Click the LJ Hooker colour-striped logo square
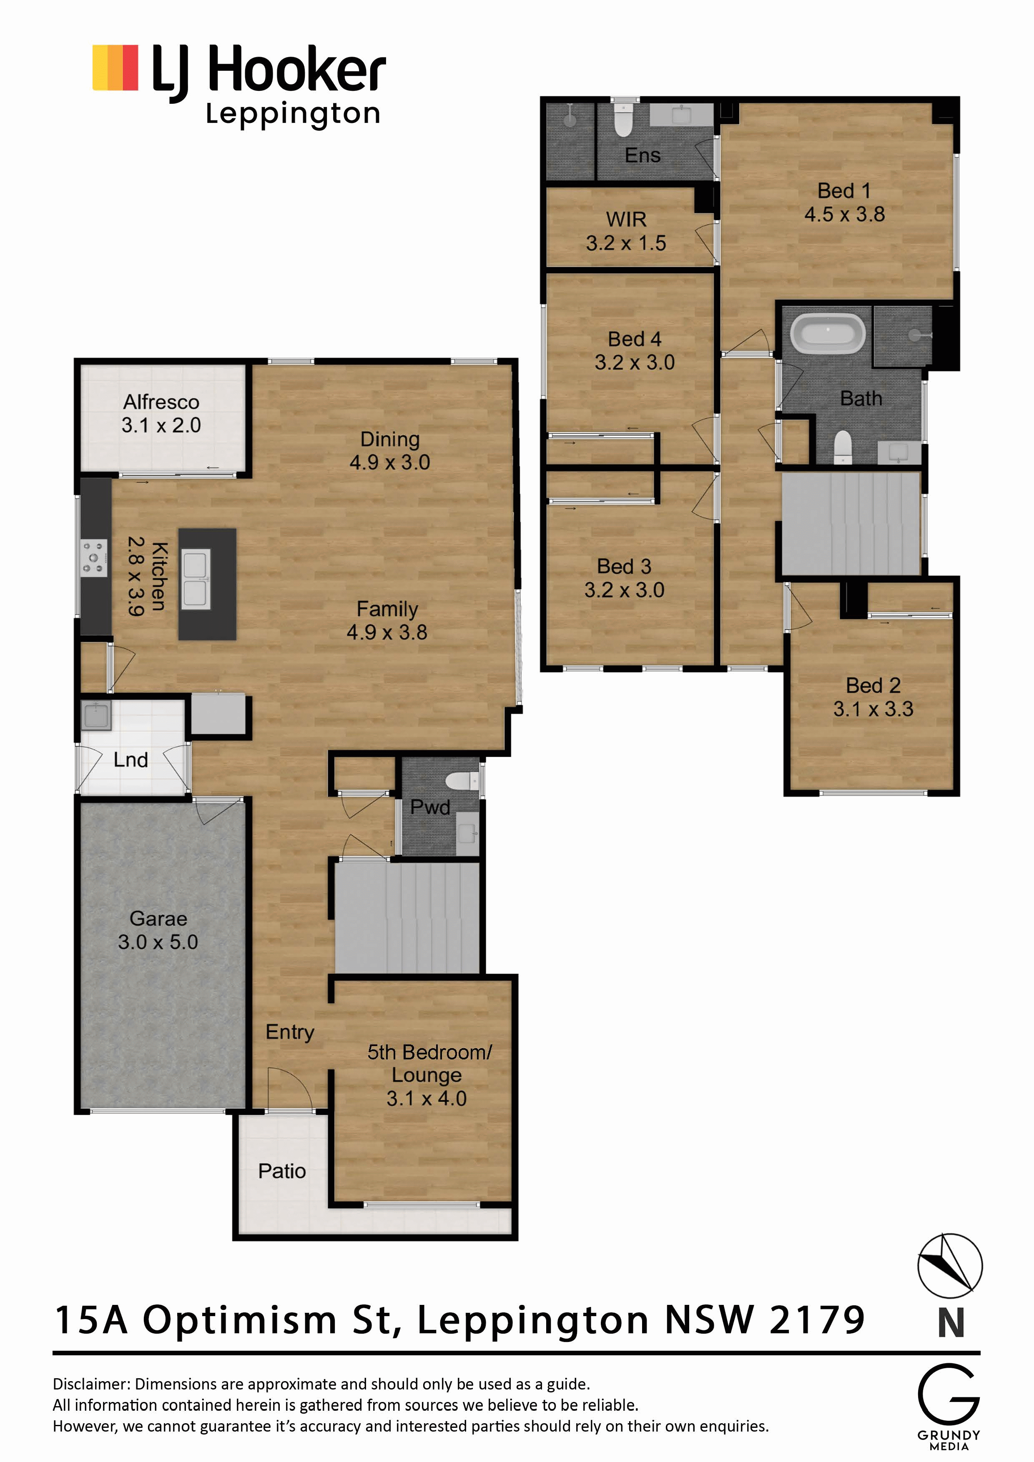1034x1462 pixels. point(115,68)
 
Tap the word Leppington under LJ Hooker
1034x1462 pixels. point(293,115)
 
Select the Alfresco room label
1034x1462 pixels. point(161,402)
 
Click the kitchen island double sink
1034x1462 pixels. point(196,578)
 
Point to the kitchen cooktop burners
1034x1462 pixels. point(94,558)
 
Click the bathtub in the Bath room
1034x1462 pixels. point(828,334)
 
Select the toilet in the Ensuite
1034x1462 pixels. point(623,119)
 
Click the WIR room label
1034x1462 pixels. point(626,219)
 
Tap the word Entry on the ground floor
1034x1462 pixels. point(290,1032)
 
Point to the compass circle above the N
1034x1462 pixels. point(949,1266)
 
